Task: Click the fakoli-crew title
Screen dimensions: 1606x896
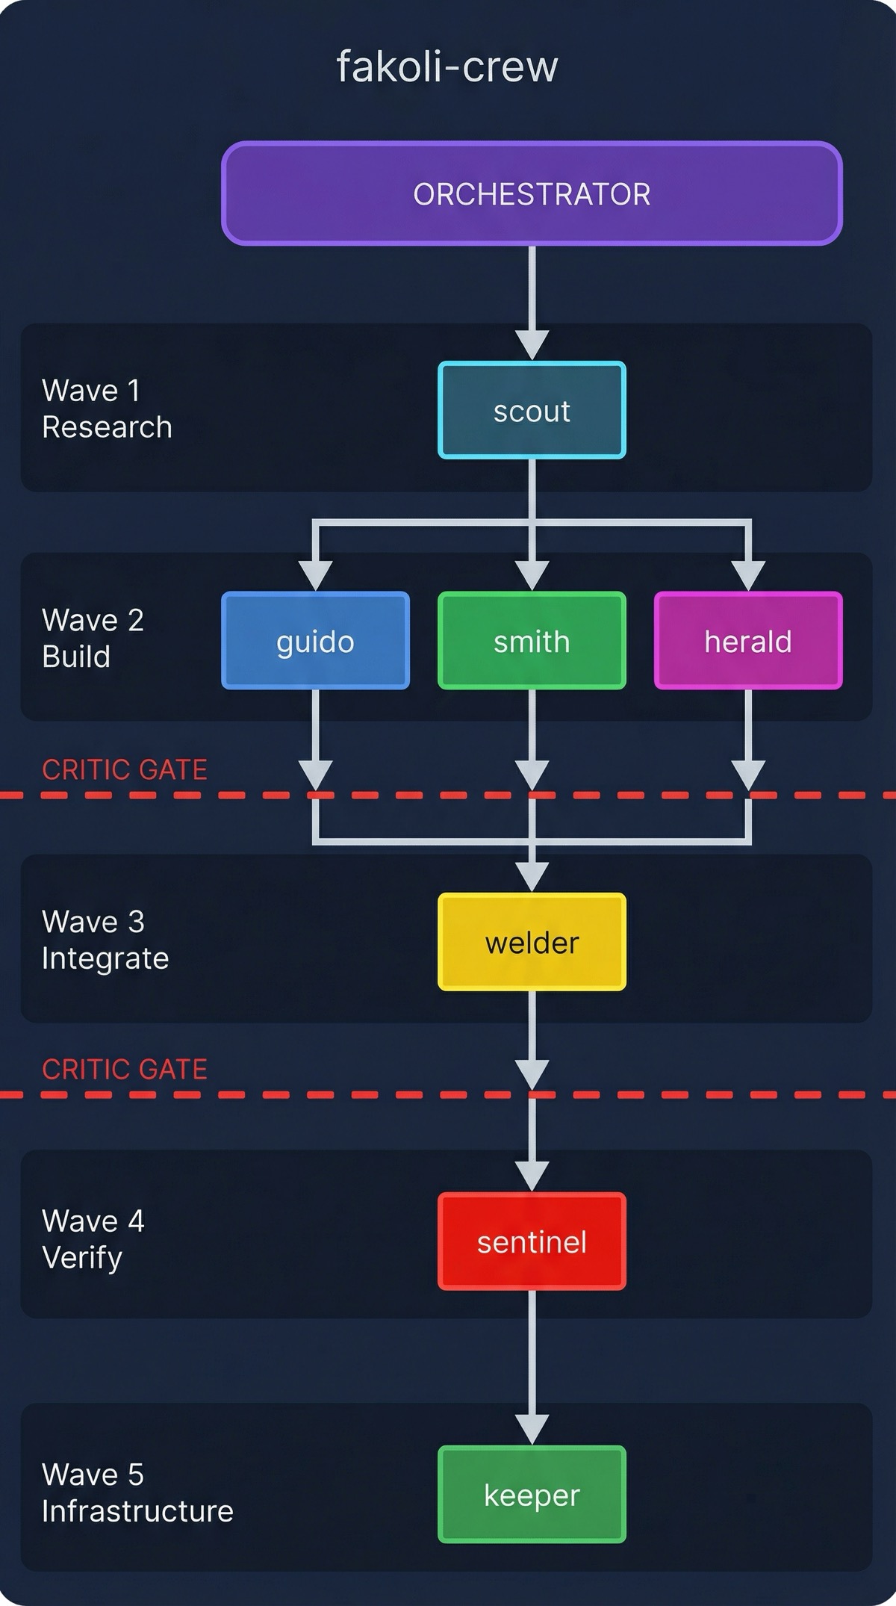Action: [447, 67]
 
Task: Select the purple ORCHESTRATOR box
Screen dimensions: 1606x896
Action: [532, 193]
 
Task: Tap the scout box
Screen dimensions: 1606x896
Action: [532, 410]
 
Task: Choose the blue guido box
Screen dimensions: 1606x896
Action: [315, 641]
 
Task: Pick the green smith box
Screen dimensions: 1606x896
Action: [532, 641]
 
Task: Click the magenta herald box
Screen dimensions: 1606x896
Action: [748, 641]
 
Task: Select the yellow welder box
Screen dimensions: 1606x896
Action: [532, 942]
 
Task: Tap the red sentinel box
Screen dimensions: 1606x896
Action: [532, 1241]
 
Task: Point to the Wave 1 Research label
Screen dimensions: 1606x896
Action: [107, 409]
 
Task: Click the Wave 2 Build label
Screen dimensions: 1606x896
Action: [93, 638]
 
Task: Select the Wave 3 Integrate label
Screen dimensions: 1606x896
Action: [105, 940]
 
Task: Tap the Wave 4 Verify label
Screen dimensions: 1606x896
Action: [93, 1239]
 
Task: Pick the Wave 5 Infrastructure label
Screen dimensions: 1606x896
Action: [137, 1492]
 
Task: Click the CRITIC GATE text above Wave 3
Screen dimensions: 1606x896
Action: [124, 769]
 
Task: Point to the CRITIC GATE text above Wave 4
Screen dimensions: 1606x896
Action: [124, 1069]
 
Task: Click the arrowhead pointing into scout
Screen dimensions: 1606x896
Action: [532, 345]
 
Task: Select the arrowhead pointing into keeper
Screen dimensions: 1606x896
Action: [532, 1428]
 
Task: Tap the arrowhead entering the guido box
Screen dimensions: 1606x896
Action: [315, 575]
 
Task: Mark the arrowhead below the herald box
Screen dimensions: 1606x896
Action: [748, 774]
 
